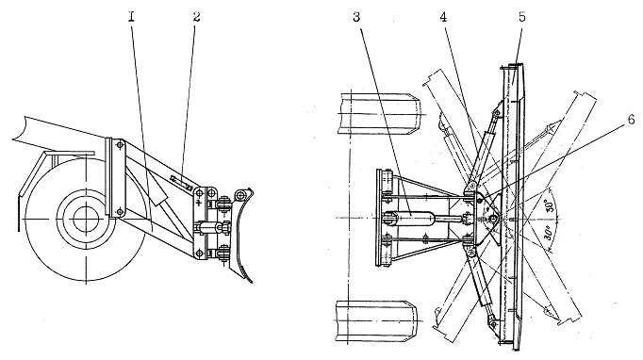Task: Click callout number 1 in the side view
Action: [131, 17]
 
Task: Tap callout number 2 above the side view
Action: [196, 17]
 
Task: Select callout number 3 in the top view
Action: [356, 17]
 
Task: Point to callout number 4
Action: [443, 17]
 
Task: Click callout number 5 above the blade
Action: [522, 17]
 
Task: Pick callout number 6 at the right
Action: [631, 120]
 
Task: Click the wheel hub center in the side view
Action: [86, 220]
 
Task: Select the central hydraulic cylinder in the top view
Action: [426, 219]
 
